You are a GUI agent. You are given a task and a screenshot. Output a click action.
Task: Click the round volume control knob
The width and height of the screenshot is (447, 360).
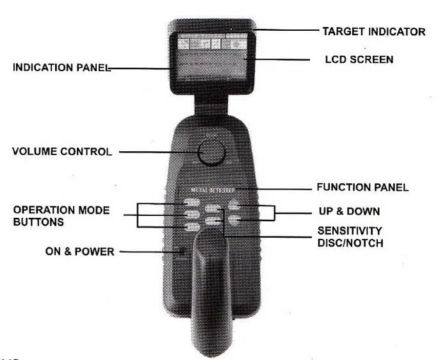(211, 152)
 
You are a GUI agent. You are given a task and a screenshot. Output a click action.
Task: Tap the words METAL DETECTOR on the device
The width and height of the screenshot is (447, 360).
(214, 190)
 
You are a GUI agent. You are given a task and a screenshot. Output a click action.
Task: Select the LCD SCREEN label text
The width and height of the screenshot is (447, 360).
(359, 60)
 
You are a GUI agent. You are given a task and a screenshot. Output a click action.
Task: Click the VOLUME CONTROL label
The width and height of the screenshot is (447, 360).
(62, 152)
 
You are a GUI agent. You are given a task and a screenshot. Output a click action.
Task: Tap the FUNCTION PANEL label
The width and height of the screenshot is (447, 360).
(362, 188)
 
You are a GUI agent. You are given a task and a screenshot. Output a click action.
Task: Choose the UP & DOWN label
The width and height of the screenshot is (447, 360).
(350, 211)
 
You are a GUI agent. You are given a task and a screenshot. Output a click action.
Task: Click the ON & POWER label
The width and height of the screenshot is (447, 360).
(79, 252)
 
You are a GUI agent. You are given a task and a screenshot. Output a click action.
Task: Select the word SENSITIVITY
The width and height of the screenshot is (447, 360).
(350, 231)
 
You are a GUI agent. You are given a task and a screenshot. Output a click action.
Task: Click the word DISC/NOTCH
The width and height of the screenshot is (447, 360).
(350, 242)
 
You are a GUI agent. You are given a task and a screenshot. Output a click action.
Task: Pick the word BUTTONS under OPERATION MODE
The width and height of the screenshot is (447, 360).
(38, 222)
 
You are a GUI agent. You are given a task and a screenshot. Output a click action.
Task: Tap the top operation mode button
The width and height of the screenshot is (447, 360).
(191, 205)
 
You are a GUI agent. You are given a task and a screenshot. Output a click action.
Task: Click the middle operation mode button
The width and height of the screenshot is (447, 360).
(191, 216)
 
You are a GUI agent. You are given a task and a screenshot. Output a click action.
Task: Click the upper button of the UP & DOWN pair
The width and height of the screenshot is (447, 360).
(235, 206)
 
